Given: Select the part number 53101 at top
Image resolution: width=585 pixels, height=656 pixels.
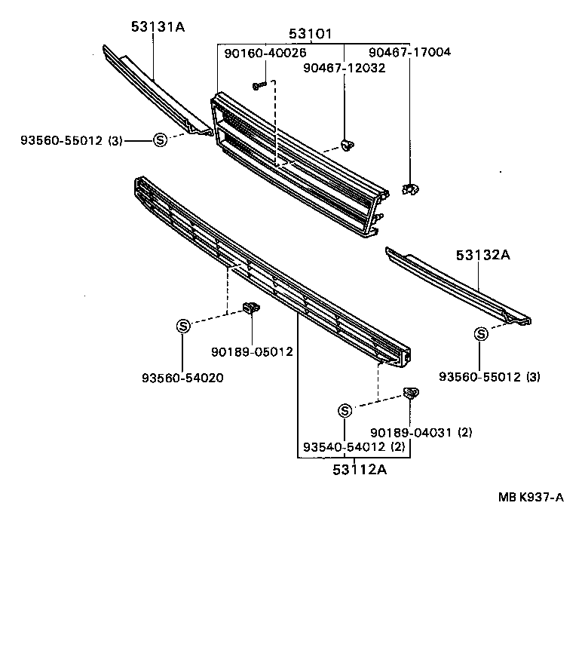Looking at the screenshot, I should pyautogui.click(x=310, y=34).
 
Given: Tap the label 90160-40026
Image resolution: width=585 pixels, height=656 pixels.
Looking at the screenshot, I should pyautogui.click(x=265, y=53).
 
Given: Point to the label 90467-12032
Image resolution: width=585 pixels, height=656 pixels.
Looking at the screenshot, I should pyautogui.click(x=345, y=68).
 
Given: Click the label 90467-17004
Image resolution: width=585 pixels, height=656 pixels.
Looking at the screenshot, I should pyautogui.click(x=409, y=53).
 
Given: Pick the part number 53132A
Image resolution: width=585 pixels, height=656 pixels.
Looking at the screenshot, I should pyautogui.click(x=482, y=256).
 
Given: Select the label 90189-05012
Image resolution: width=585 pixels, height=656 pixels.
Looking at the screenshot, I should pyautogui.click(x=252, y=351).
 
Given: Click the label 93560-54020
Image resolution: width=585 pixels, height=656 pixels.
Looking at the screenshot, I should pyautogui.click(x=183, y=378).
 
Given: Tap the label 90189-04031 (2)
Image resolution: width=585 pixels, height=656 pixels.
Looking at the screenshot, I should pyautogui.click(x=421, y=432).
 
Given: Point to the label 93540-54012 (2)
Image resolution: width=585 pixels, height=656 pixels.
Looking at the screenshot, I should pyautogui.click(x=354, y=448).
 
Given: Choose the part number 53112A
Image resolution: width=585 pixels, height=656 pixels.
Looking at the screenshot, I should pyautogui.click(x=359, y=470).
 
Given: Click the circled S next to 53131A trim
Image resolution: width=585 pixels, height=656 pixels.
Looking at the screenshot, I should pyautogui.click(x=160, y=139).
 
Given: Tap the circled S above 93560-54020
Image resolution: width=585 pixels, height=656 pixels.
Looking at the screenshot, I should pyautogui.click(x=183, y=326).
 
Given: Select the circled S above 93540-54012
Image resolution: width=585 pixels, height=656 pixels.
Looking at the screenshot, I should pyautogui.click(x=345, y=410).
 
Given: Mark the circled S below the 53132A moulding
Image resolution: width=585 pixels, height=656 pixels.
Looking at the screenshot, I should pyautogui.click(x=479, y=334).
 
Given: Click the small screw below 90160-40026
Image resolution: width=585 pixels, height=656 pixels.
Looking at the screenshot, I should pyautogui.click(x=259, y=85).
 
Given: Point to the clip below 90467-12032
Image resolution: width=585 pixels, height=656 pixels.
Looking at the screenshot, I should pyautogui.click(x=347, y=143).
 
